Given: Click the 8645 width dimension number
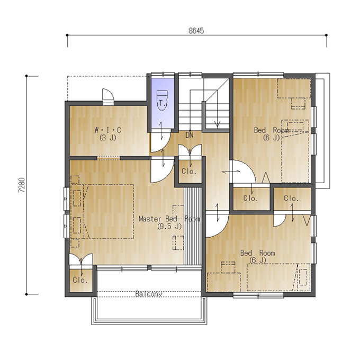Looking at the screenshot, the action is pos(196,31).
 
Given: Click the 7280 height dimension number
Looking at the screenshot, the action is pos(22,185).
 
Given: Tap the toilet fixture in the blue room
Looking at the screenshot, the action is pos(163,101).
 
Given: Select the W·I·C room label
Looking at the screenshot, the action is pos(108,130).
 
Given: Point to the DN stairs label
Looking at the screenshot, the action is pos(190,135).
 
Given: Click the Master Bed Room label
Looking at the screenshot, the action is pos(169,219).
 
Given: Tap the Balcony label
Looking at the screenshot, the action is pos(149,294).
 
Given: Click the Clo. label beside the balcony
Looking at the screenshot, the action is pos(80,280).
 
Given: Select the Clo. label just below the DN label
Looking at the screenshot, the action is pos(189,172).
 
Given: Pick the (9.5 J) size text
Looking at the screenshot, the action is pos(169,227).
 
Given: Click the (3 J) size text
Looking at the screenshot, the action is pos(108,138).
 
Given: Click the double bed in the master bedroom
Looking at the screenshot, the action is pos(102,212).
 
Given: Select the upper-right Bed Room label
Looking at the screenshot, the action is pos(271,130).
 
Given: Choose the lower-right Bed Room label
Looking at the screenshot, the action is pos(258,253).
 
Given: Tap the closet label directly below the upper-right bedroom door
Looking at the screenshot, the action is pos(251,198).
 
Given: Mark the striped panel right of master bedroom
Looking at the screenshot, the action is pos(193,226).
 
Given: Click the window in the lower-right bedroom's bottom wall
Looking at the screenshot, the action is pos(258,296).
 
